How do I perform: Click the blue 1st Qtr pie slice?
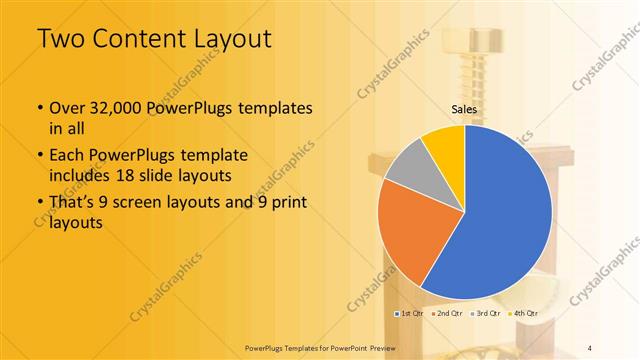[510, 215]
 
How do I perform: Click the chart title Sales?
[464, 109]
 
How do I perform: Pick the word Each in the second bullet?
[67, 157]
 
